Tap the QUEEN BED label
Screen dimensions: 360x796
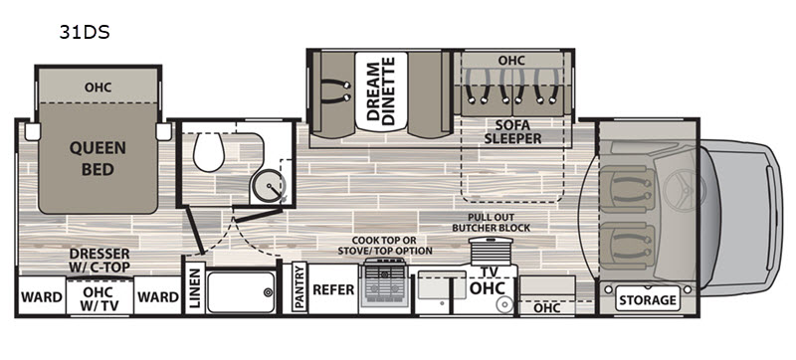(98, 159)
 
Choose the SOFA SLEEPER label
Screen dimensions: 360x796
(513, 131)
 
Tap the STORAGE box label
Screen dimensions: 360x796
(648, 299)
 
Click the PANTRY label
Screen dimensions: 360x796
(298, 288)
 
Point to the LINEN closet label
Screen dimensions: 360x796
(194, 288)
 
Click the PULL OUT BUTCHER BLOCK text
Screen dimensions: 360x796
(492, 221)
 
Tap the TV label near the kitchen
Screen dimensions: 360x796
(487, 270)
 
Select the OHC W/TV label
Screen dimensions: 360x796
(99, 296)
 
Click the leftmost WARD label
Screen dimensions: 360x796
(41, 296)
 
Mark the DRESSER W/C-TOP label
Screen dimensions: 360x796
(99, 260)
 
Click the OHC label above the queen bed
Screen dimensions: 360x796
(98, 87)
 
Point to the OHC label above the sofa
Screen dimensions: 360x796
(511, 60)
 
